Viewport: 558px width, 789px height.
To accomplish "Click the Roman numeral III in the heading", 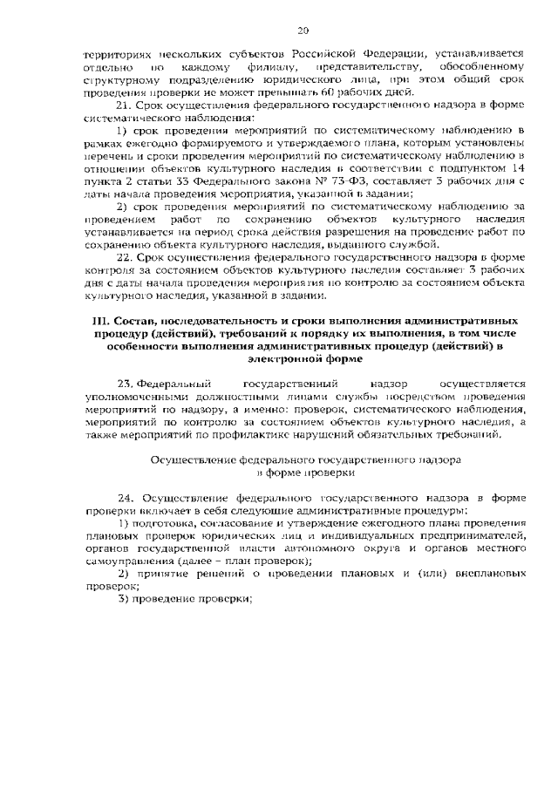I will tap(101, 322).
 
